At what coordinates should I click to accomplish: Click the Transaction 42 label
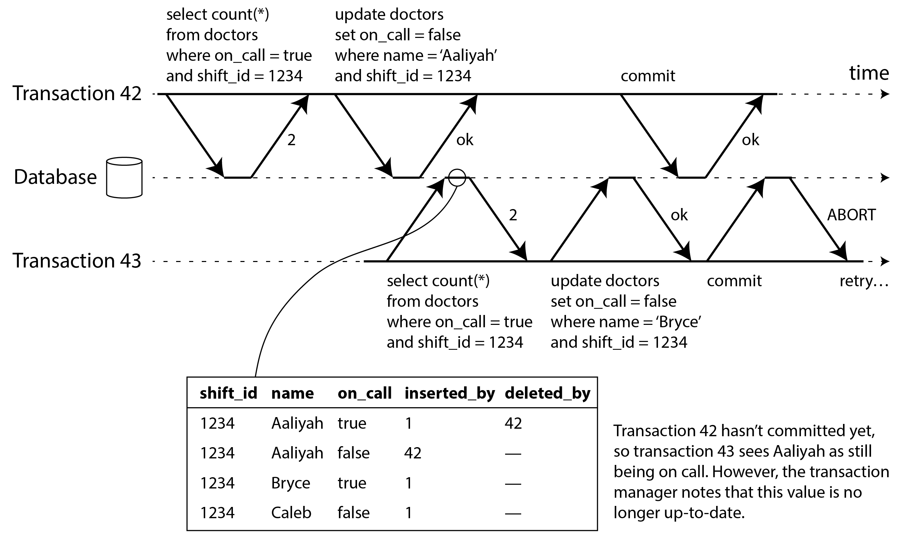click(x=77, y=93)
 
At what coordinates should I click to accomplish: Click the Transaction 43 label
click(x=77, y=261)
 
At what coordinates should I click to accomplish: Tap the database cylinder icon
click(x=124, y=178)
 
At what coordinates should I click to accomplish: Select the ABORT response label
click(x=852, y=215)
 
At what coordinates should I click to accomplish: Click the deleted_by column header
click(x=548, y=393)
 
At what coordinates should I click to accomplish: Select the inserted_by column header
click(x=449, y=393)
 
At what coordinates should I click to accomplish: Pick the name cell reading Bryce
click(x=291, y=483)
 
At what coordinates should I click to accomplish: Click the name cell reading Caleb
click(x=291, y=513)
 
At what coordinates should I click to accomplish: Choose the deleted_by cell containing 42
click(x=513, y=423)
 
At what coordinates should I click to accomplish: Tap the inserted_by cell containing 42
click(x=413, y=453)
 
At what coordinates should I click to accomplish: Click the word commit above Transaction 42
click(x=648, y=76)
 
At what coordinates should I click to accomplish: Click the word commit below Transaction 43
click(x=734, y=281)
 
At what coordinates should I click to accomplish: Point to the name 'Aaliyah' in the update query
click(x=468, y=56)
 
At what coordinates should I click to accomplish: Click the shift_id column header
click(x=228, y=393)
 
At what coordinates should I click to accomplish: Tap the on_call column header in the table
click(x=365, y=393)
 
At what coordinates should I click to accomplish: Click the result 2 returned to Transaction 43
click(x=513, y=215)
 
